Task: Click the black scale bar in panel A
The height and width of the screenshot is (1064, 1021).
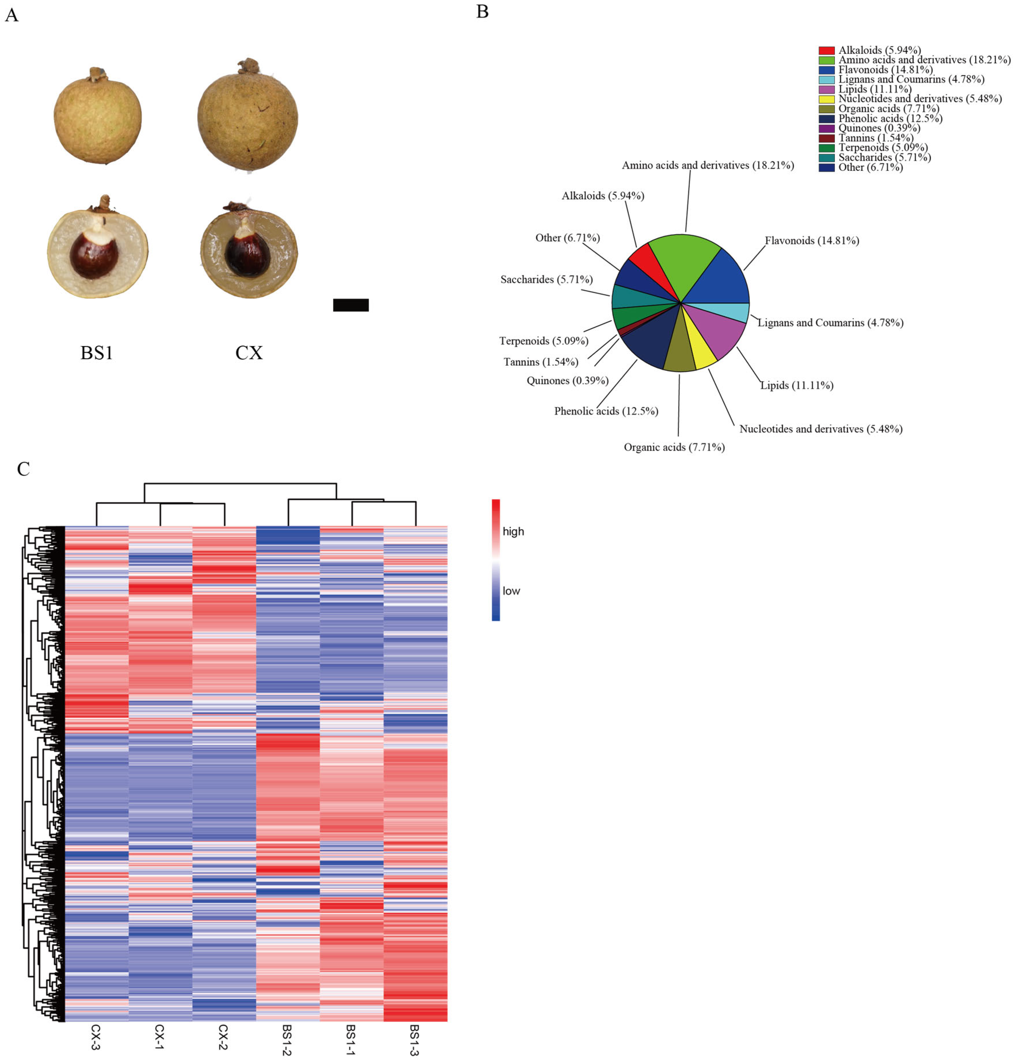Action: (x=351, y=305)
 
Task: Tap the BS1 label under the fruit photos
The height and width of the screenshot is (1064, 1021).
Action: (x=97, y=353)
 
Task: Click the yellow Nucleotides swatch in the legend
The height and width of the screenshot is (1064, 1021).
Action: (x=826, y=99)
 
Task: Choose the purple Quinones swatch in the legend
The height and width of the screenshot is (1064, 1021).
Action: (x=826, y=128)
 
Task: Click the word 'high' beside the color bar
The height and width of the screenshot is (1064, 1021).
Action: (x=513, y=532)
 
